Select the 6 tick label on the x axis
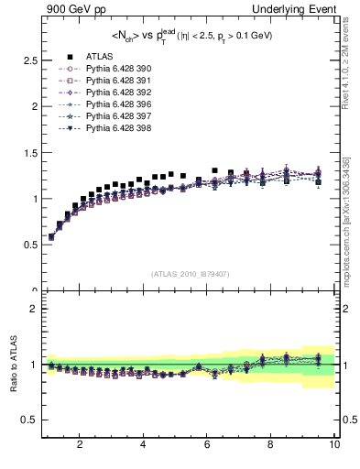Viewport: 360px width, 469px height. coord(207,445)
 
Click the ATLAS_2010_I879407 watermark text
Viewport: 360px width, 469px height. coord(189,273)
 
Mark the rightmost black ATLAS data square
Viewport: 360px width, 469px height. coord(318,182)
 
